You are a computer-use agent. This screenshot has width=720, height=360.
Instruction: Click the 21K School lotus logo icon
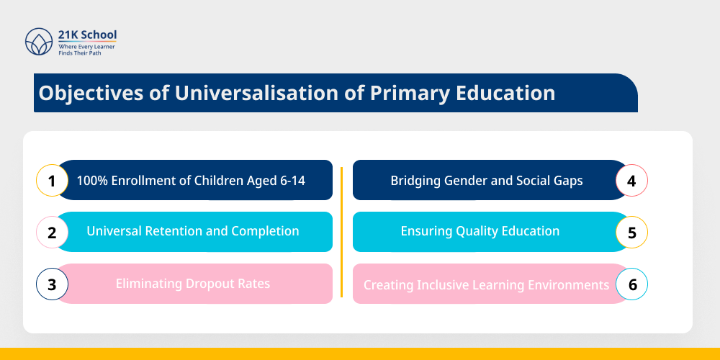tap(39, 42)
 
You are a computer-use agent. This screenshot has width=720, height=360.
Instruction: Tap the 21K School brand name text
tap(87, 35)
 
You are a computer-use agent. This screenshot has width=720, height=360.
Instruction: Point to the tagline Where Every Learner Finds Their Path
tap(86, 49)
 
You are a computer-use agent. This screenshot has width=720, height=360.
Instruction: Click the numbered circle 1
tap(52, 181)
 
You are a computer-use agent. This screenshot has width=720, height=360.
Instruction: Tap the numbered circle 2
tap(52, 233)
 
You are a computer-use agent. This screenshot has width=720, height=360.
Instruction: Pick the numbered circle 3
tap(52, 284)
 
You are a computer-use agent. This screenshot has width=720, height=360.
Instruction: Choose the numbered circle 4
tap(631, 181)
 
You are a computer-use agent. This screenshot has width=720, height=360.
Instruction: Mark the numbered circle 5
tap(631, 233)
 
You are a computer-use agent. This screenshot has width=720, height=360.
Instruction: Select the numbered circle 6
tap(631, 284)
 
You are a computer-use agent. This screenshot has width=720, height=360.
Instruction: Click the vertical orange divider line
tap(341, 232)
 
